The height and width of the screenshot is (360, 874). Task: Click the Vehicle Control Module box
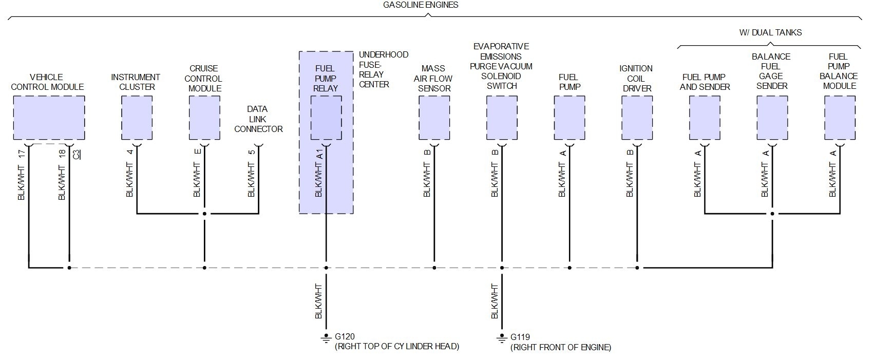click(49, 118)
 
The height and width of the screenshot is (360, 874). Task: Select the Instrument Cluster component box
click(137, 118)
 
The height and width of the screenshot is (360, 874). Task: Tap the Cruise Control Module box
click(204, 118)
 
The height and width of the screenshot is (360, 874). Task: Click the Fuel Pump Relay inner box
click(326, 118)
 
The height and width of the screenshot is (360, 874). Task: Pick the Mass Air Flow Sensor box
click(434, 118)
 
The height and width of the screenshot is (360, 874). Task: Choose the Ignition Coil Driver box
click(637, 118)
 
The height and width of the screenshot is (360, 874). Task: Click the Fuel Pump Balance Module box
click(840, 118)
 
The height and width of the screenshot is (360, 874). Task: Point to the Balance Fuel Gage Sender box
click(772, 118)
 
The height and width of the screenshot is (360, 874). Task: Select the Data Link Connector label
click(258, 119)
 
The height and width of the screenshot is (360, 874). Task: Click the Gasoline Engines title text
click(421, 5)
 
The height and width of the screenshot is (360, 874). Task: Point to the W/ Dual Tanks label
click(770, 32)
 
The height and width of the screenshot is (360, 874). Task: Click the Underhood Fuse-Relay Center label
click(383, 69)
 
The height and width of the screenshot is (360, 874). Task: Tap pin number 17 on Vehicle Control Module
click(22, 153)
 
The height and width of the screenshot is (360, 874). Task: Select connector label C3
click(77, 154)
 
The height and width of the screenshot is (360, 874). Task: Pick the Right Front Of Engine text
click(561, 348)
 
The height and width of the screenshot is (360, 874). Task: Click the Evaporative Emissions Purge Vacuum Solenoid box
click(502, 118)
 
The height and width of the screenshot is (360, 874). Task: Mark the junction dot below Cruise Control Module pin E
click(204, 214)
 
